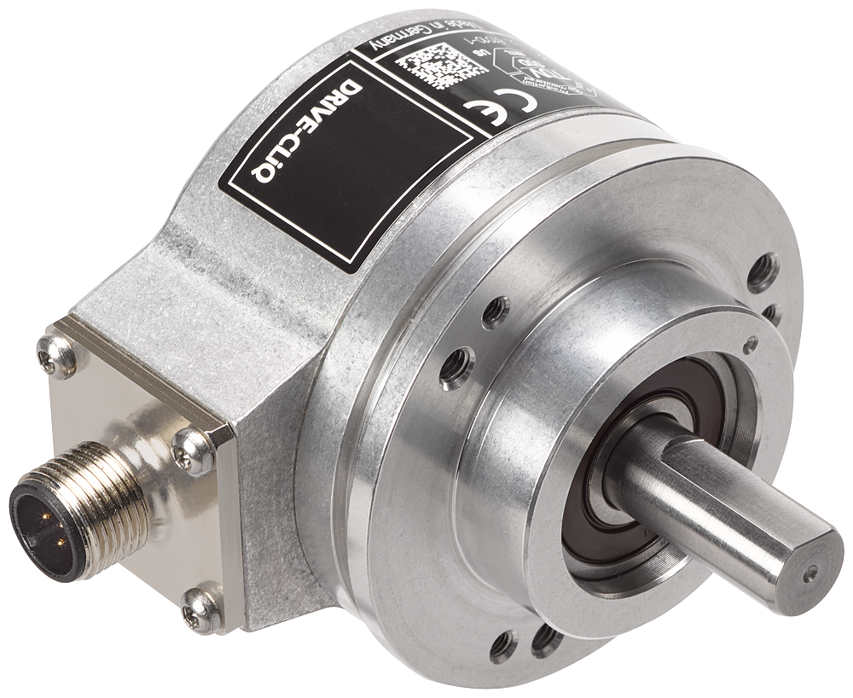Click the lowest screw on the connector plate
tap(203, 608)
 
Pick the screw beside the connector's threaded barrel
tap(194, 450)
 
